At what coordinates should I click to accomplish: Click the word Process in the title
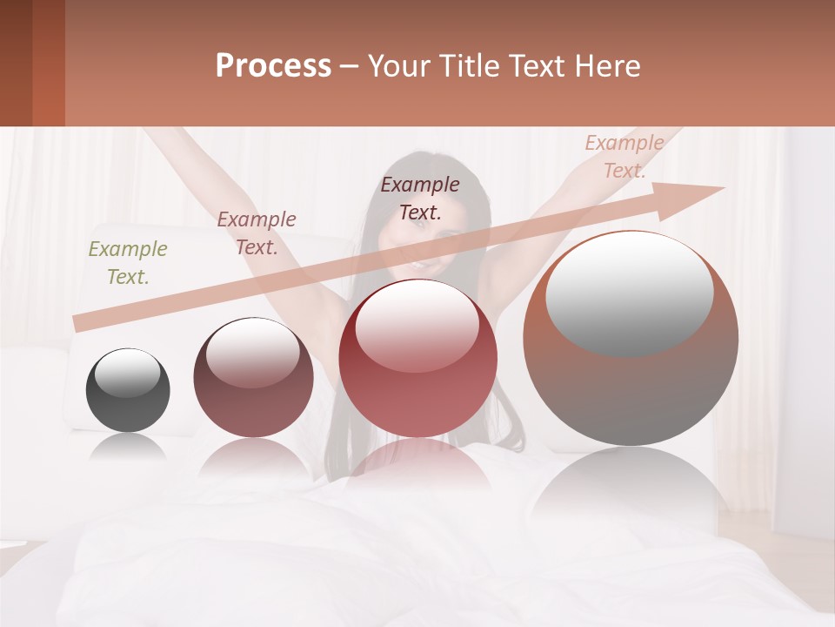(273, 66)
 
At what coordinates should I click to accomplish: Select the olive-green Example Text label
(128, 262)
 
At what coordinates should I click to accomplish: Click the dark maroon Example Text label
(420, 198)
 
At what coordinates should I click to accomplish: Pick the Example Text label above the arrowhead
(624, 157)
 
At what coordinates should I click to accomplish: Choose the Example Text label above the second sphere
(257, 233)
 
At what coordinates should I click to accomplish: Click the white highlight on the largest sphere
(629, 292)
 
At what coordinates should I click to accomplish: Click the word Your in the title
(399, 66)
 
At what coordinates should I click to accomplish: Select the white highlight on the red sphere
(417, 324)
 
